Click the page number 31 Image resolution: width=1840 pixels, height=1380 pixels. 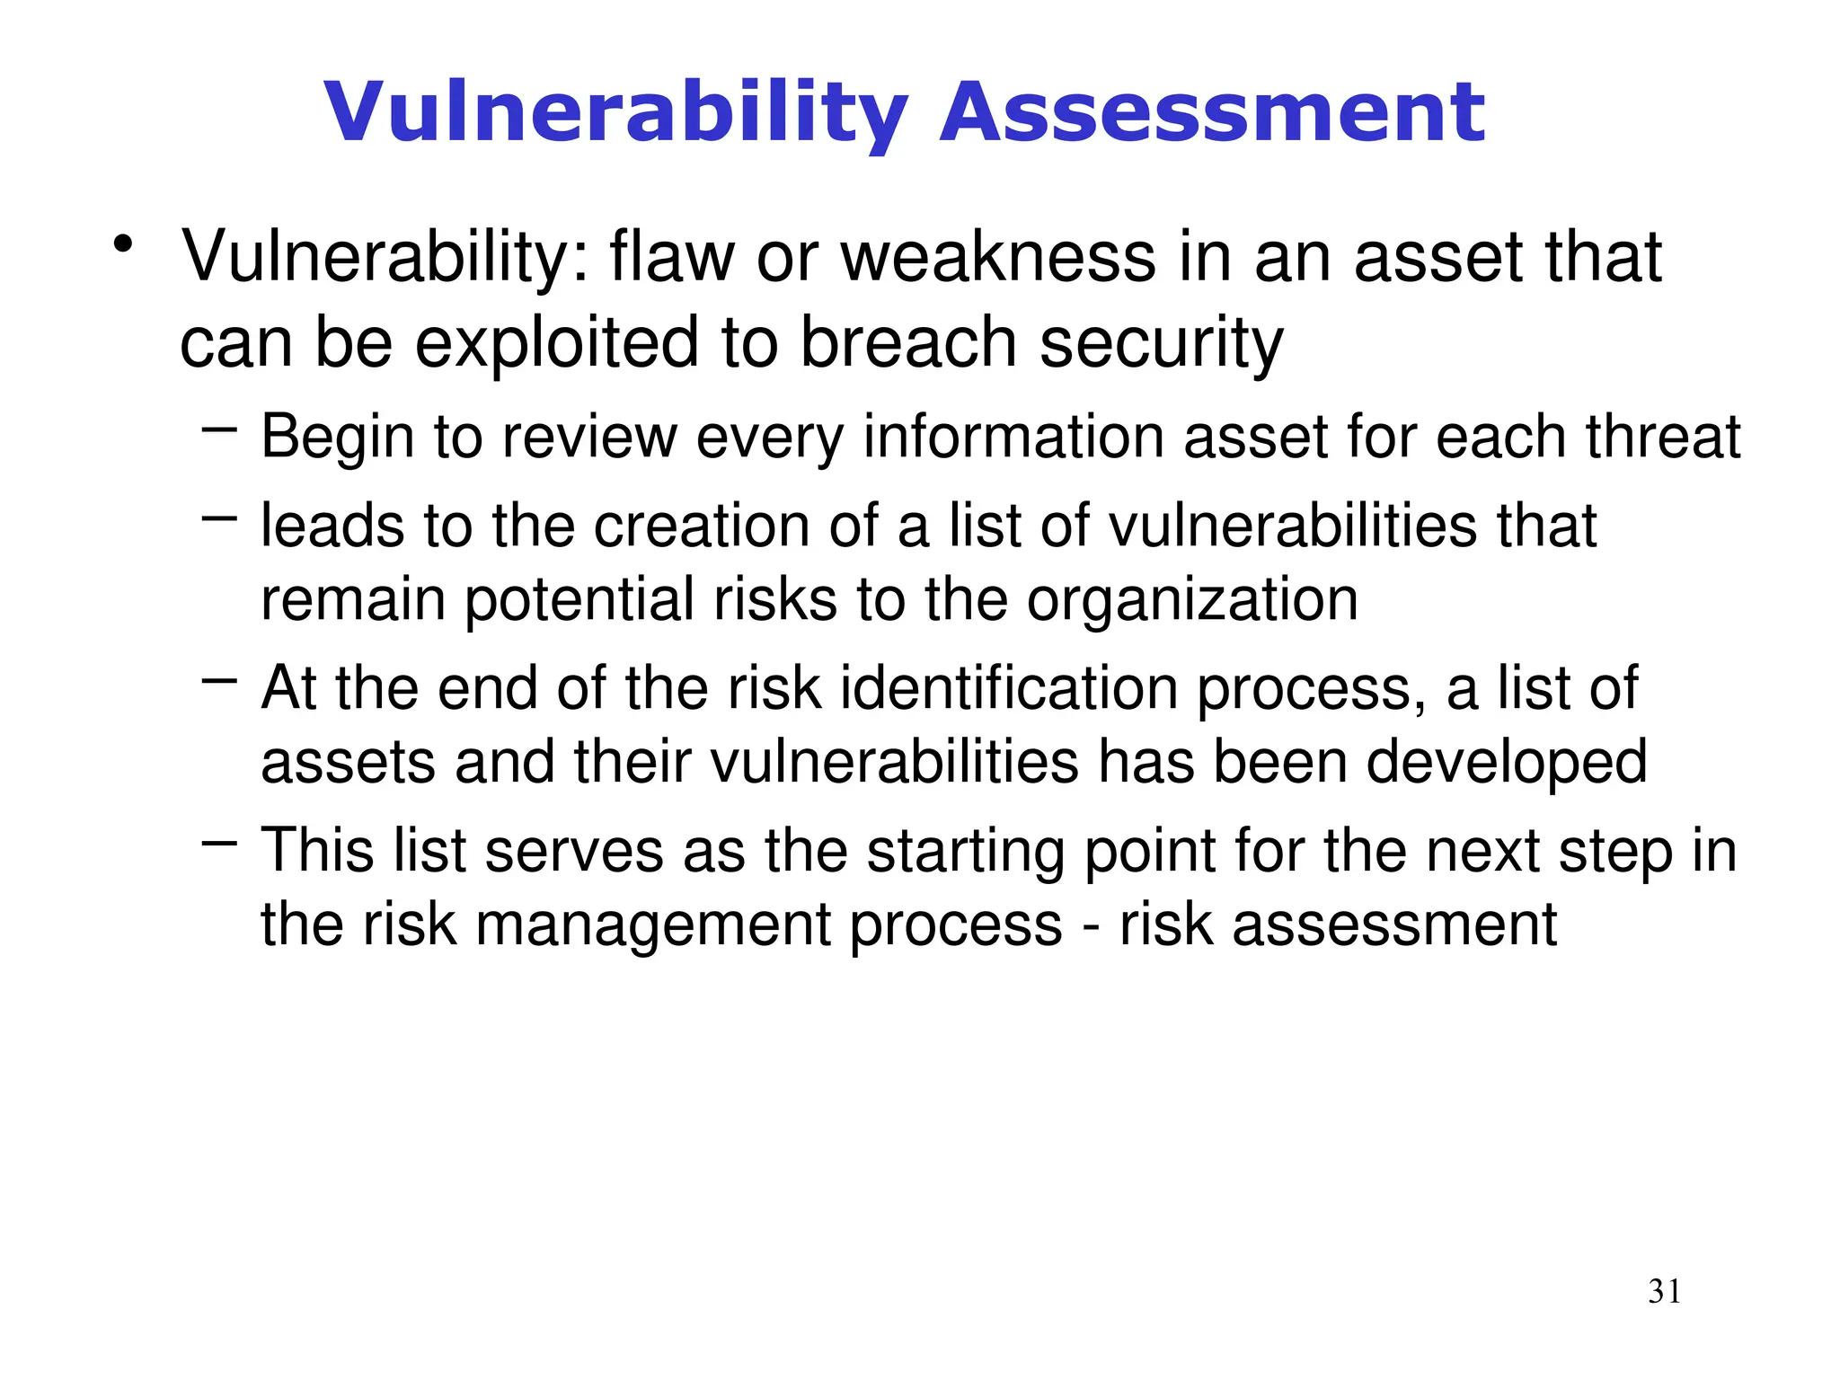pyautogui.click(x=1664, y=1291)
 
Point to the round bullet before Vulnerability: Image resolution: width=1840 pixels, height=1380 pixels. pyautogui.click(x=123, y=244)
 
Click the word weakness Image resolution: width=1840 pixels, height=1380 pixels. pyautogui.click(x=998, y=258)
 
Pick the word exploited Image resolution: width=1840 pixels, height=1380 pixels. pyautogui.click(x=556, y=342)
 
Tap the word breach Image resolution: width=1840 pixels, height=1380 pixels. pyautogui.click(x=908, y=342)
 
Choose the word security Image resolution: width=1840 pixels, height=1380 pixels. pyautogui.click(x=1162, y=344)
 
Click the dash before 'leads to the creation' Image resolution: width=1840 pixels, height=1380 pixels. pyautogui.click(x=219, y=518)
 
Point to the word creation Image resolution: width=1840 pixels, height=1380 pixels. pyautogui.click(x=702, y=526)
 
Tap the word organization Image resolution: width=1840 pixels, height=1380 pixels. pyautogui.click(x=1192, y=600)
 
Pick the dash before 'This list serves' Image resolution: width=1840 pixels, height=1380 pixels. pyautogui.click(x=219, y=844)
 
